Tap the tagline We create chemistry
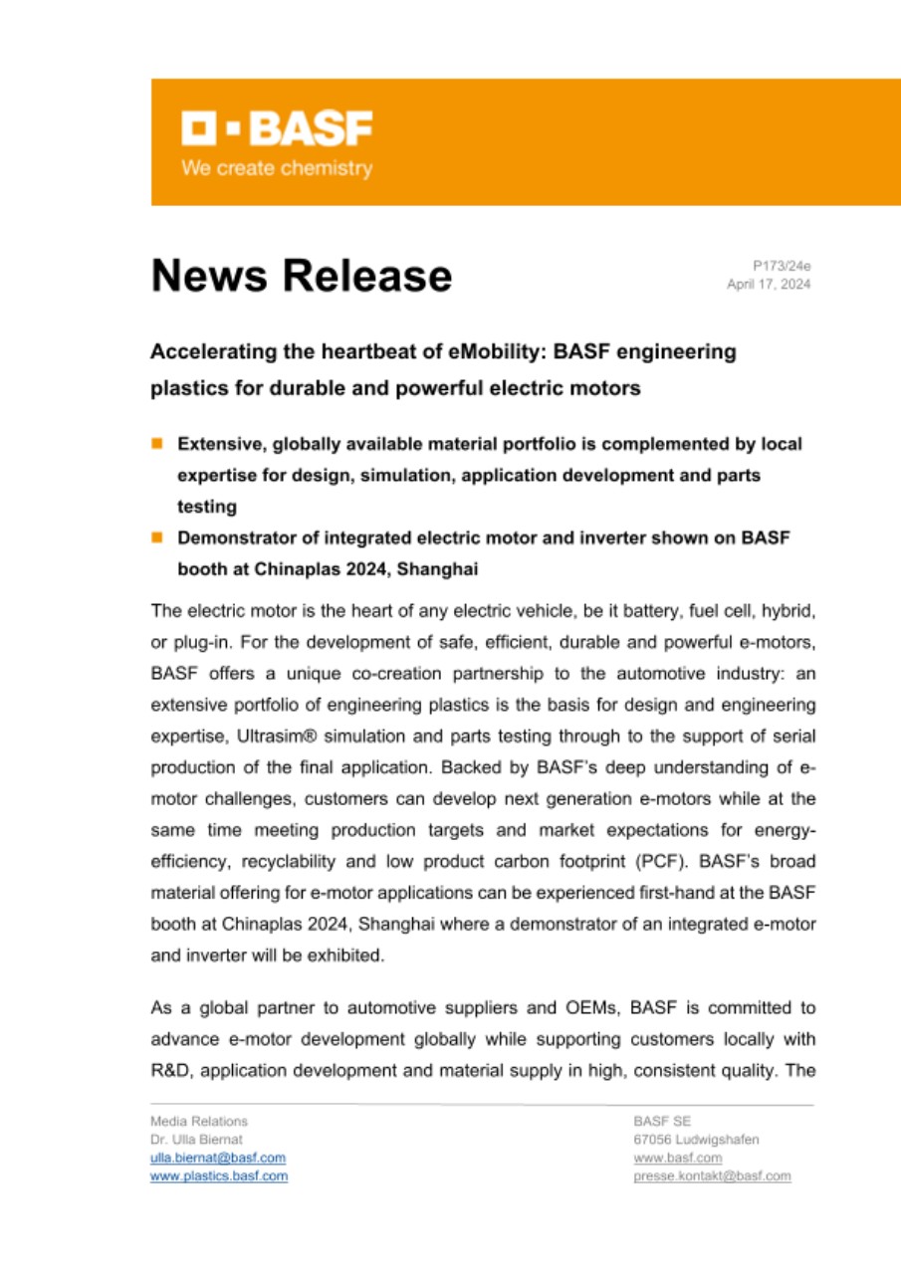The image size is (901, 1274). [276, 168]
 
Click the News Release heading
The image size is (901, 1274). [301, 276]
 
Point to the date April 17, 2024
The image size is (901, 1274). [769, 285]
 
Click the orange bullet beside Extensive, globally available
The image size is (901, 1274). [157, 442]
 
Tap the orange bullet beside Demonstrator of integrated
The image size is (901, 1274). [157, 537]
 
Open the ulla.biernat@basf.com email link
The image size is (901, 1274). [218, 1158]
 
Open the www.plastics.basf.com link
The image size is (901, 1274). [219, 1175]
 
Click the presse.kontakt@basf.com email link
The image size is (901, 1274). [712, 1175]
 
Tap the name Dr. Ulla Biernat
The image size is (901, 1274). [196, 1140]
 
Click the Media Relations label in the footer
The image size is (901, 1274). [199, 1121]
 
